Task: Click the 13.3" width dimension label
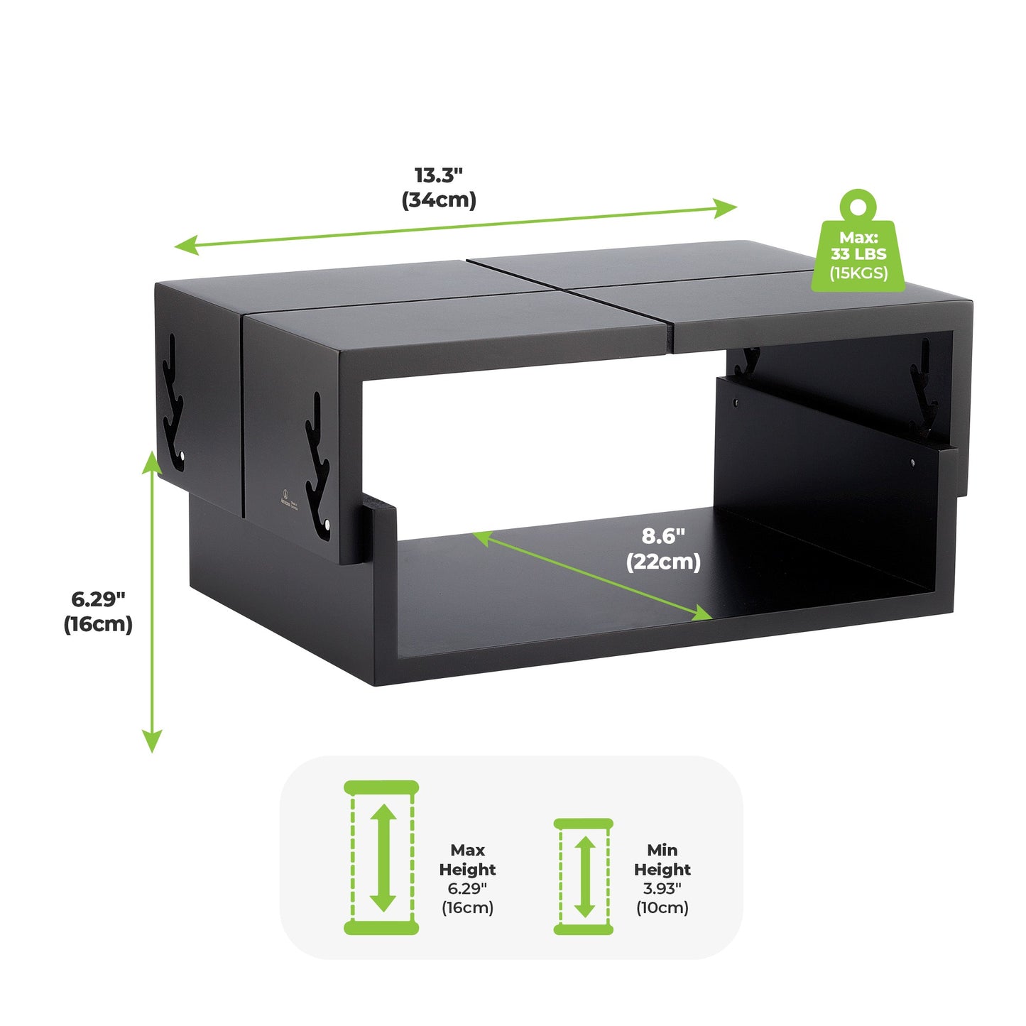[439, 175]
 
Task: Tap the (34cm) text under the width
[439, 200]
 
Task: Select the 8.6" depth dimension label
[663, 536]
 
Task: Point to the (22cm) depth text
[663, 562]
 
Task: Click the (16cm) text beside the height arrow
[98, 624]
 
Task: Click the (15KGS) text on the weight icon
[858, 273]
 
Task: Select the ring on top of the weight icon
[858, 204]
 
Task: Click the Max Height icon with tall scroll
[382, 858]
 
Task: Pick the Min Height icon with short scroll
[584, 876]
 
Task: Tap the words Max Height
[467, 859]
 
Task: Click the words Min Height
[662, 859]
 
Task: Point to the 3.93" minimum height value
[662, 888]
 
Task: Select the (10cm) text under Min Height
[662, 907]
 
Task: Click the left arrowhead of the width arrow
[185, 246]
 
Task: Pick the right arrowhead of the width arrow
[727, 207]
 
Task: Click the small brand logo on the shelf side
[284, 493]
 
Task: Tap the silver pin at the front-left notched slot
[328, 525]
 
